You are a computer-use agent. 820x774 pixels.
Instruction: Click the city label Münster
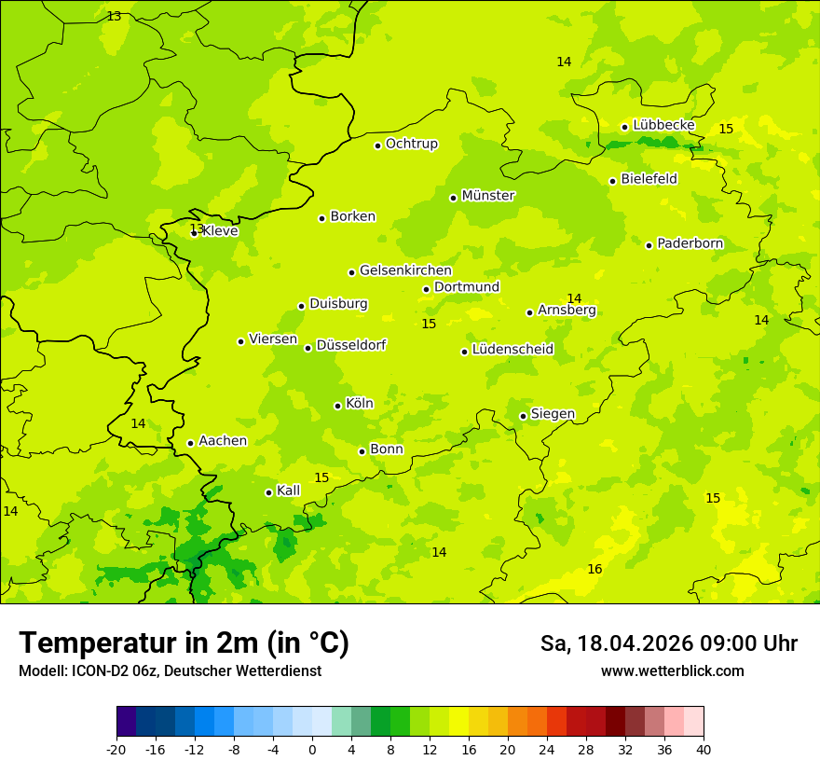point(488,196)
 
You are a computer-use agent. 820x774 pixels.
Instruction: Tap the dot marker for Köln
point(337,406)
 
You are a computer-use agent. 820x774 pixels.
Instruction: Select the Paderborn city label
point(690,243)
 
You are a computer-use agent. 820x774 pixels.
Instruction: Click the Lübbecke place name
point(663,125)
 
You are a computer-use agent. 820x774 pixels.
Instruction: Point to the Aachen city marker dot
point(190,443)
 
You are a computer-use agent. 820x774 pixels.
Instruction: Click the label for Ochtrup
point(412,144)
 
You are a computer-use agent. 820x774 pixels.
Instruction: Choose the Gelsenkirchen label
point(405,270)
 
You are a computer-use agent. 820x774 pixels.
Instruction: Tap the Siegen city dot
point(523,416)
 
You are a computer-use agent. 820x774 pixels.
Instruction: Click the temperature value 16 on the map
point(594,569)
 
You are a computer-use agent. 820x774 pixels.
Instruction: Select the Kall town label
point(288,491)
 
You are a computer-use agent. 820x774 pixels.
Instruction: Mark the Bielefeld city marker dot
point(612,181)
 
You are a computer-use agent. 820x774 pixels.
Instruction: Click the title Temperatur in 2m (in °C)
point(184,643)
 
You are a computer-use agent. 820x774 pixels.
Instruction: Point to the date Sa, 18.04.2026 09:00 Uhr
point(668,643)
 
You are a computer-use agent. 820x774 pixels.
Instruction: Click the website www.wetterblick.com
point(672,670)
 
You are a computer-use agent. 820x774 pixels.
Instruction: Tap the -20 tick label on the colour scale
point(116,749)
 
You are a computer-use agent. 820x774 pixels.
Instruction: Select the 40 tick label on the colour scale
point(704,749)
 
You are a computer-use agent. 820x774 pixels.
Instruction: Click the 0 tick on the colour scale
point(312,749)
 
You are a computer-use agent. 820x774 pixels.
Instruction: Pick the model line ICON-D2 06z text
point(170,670)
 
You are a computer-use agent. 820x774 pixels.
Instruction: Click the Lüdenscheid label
point(512,350)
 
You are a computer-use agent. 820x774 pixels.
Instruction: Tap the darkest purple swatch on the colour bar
point(126,722)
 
